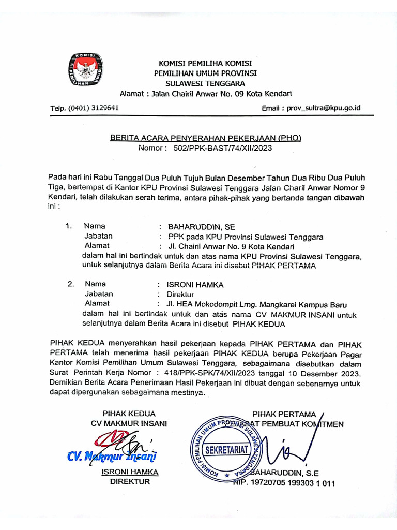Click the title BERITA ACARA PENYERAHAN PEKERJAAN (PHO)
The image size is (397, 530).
click(x=205, y=138)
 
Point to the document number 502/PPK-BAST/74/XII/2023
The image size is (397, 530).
click(x=223, y=148)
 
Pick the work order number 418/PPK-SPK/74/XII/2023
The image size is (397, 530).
click(x=202, y=373)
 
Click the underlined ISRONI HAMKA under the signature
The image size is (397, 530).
click(x=129, y=472)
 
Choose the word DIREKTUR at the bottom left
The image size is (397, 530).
click(x=130, y=481)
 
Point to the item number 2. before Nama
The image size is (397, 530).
click(x=71, y=284)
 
